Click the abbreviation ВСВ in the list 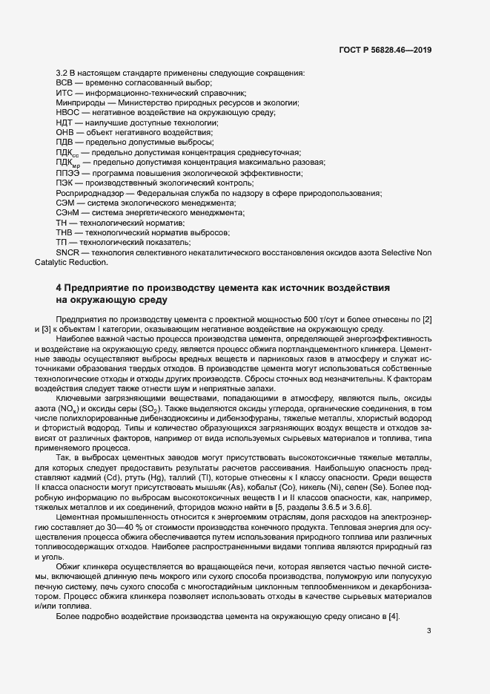[65, 84]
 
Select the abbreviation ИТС [65, 94]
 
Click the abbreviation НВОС [68, 113]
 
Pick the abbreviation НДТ [65, 122]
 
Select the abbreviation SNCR [68, 252]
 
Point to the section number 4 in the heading [59, 287]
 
